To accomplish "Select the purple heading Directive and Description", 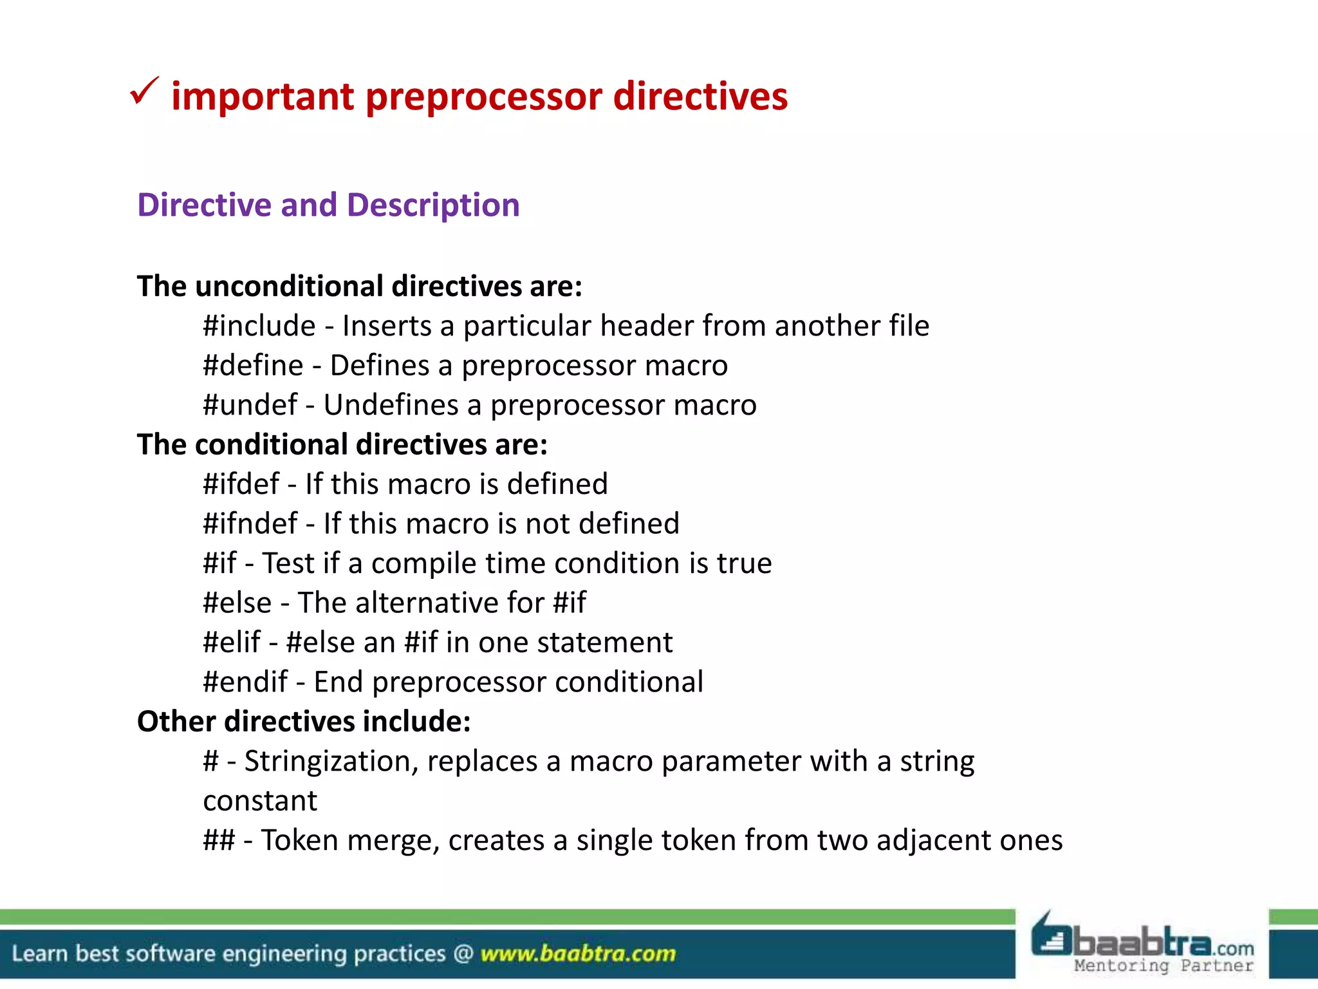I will tap(328, 205).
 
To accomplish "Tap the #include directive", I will tap(259, 326).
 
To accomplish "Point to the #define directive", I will tap(253, 366).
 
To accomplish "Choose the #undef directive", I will tap(250, 405).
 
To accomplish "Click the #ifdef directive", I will tap(241, 484).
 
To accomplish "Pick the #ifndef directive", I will tap(250, 523).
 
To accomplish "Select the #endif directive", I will tap(245, 682).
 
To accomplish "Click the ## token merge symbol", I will tap(219, 840).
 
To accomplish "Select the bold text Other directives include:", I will tap(304, 722).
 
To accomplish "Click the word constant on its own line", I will tap(260, 801).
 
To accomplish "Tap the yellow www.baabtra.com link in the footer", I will tap(578, 954).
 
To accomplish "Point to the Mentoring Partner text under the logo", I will tap(1164, 966).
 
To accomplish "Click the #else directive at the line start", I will tap(237, 603).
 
